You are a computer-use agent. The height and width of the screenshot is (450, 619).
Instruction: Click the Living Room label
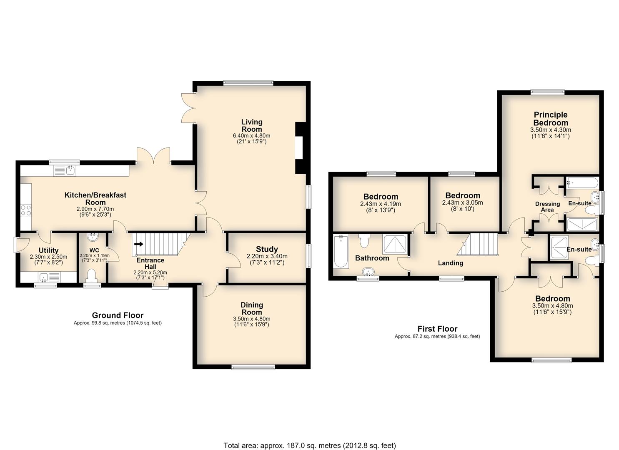pos(252,125)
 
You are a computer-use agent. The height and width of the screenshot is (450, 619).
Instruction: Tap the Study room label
pos(267,249)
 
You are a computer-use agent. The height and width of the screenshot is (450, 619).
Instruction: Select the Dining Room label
pos(251,309)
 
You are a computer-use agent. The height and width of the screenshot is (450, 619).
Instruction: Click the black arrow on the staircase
pos(139,244)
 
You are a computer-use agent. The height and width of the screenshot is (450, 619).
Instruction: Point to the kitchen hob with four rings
pos(26,210)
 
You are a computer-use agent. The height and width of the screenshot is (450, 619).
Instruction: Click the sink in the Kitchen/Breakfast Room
pos(66,171)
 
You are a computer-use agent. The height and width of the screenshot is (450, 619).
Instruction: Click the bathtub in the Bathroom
pos(341,251)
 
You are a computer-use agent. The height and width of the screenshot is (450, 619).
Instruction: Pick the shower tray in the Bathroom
pos(395,245)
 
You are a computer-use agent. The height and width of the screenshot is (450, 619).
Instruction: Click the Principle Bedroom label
pos(551,118)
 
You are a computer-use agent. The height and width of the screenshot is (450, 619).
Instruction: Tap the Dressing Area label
pos(547,207)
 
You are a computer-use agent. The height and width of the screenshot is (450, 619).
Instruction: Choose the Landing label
pos(451,263)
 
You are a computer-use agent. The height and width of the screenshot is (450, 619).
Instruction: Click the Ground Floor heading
pos(118,315)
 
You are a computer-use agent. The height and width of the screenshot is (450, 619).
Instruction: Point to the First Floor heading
pos(437,329)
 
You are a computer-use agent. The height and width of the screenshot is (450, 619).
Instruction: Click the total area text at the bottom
pos(310,437)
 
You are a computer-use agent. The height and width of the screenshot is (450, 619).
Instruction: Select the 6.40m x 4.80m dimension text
pos(252,136)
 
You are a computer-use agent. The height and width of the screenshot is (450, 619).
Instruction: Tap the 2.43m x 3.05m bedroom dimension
pos(463,202)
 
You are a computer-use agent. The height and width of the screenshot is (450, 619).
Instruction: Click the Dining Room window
pos(253,367)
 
